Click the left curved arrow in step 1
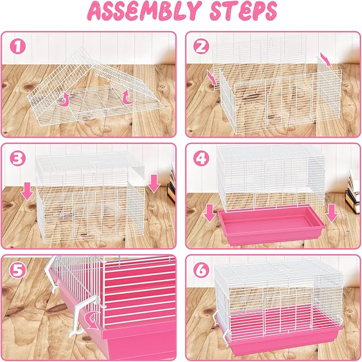point(65,99)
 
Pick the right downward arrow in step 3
point(154,184)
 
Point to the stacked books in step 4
point(351,192)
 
